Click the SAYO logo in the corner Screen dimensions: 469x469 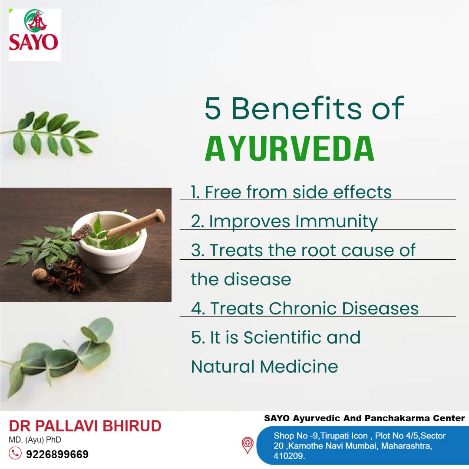34,35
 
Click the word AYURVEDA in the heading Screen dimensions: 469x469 290,149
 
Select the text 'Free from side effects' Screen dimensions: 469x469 298,192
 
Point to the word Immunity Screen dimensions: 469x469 337,221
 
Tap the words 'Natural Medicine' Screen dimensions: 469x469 264,367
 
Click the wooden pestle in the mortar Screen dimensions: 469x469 135,225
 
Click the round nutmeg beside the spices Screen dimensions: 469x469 40,274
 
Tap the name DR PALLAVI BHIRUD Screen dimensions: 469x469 85,426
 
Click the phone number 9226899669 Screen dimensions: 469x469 57,454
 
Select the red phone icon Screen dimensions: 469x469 15,453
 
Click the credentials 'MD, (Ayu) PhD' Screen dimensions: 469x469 35,440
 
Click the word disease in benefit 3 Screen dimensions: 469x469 257,279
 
